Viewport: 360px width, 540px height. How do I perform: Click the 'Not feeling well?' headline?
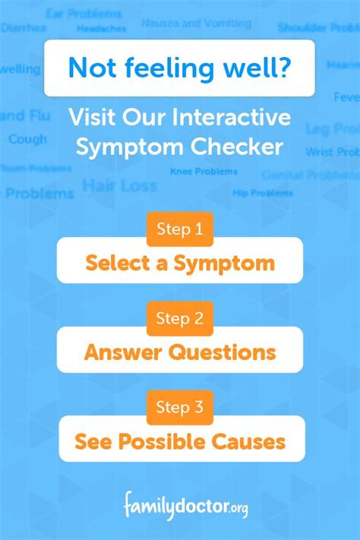(179, 68)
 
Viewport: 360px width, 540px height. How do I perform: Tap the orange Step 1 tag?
(180, 229)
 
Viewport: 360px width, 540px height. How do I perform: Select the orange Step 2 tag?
(180, 318)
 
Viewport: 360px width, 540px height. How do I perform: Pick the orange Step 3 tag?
(180, 408)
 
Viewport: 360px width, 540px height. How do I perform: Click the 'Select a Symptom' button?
(180, 263)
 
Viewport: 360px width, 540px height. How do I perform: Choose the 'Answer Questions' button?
(180, 352)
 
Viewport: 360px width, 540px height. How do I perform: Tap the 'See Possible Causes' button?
(181, 441)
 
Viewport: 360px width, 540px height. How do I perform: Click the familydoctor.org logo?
(186, 504)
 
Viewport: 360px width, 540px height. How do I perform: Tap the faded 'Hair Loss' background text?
(119, 185)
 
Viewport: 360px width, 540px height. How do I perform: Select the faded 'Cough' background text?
(27, 140)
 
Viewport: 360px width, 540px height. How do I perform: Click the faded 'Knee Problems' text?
(204, 172)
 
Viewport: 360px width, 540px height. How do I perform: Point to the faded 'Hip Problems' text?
(262, 193)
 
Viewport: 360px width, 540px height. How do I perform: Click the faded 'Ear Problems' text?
(84, 14)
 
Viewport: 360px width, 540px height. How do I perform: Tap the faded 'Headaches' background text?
(101, 29)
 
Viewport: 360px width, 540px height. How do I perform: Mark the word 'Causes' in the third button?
(254, 441)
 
